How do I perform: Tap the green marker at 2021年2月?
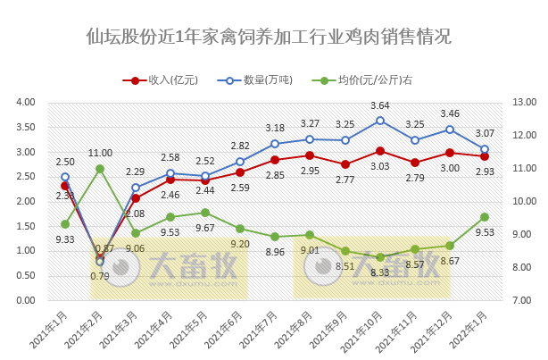click(100, 169)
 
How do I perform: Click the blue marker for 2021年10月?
click(380, 121)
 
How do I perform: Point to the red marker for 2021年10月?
click(380, 151)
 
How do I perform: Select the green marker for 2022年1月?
click(485, 217)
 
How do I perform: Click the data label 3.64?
click(380, 105)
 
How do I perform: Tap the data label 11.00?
click(100, 154)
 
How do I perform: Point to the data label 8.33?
click(380, 272)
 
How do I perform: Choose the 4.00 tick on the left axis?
click(24, 103)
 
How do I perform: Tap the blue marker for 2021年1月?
click(65, 177)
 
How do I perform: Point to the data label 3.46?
click(450, 114)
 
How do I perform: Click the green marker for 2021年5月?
click(205, 213)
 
